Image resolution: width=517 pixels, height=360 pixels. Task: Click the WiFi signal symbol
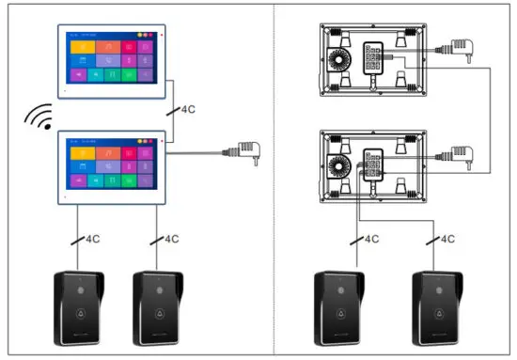click(x=39, y=117)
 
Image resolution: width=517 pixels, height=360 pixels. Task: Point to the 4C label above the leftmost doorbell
click(x=91, y=239)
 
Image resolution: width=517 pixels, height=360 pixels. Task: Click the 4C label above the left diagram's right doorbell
click(x=169, y=239)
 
